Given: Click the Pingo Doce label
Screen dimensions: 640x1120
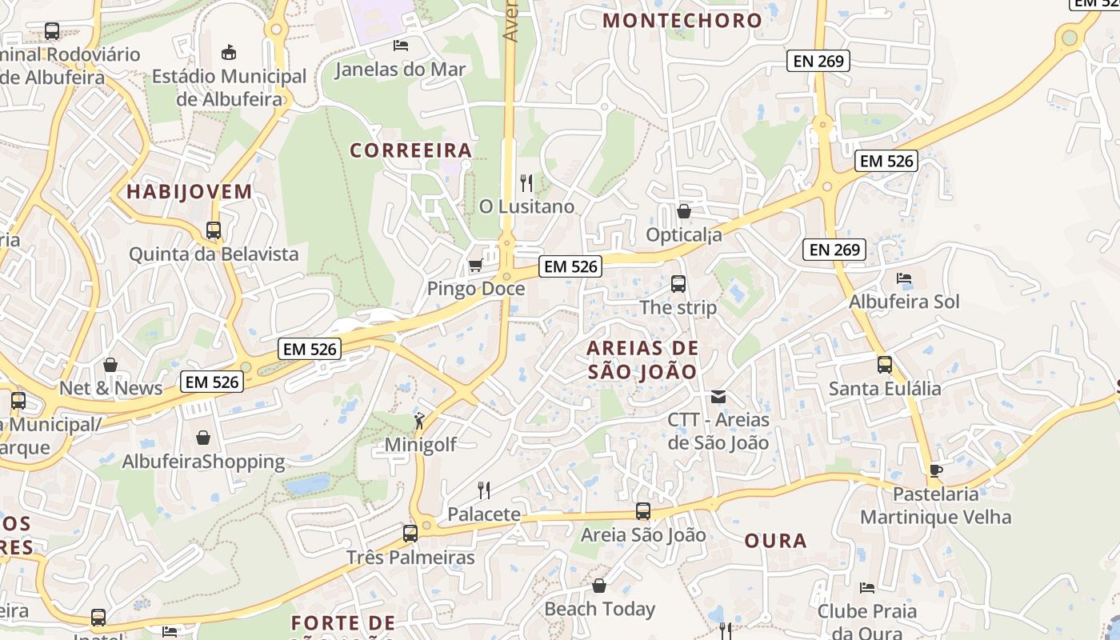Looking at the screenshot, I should click(x=476, y=288).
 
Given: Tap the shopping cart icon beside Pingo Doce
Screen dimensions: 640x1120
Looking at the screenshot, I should click(x=475, y=265).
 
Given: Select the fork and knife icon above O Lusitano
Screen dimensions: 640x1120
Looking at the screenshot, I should click(x=526, y=183).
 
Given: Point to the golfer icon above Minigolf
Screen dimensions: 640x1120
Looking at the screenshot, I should click(x=419, y=421).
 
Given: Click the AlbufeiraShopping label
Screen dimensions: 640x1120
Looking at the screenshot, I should click(x=203, y=462).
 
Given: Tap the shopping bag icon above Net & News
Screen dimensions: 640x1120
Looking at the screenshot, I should click(x=110, y=365).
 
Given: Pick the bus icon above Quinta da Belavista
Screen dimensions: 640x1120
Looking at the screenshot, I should click(x=214, y=230).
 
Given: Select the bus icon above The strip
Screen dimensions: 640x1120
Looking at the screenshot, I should click(x=678, y=283).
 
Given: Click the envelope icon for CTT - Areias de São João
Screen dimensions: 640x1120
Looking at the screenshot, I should click(x=718, y=396).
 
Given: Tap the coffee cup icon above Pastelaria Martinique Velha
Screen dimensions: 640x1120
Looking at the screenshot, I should click(x=935, y=470).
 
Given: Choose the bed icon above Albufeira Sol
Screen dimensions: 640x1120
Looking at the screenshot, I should click(x=904, y=278).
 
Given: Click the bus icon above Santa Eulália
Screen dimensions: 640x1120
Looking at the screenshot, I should click(x=885, y=365).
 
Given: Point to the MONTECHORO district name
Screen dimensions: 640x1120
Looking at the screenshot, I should click(x=682, y=21).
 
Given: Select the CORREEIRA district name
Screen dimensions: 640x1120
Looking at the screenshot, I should click(x=411, y=150).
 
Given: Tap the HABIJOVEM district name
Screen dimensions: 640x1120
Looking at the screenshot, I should click(x=190, y=191).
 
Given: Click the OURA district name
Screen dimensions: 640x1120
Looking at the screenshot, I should click(x=776, y=541).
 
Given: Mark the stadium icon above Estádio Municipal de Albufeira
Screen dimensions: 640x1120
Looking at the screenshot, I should click(x=229, y=53).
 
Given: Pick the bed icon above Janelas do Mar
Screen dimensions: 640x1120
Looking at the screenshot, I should click(x=400, y=46).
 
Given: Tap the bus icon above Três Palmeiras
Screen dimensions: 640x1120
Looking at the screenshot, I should click(x=410, y=533).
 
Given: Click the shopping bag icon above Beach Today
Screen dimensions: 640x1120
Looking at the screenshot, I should click(x=599, y=586).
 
